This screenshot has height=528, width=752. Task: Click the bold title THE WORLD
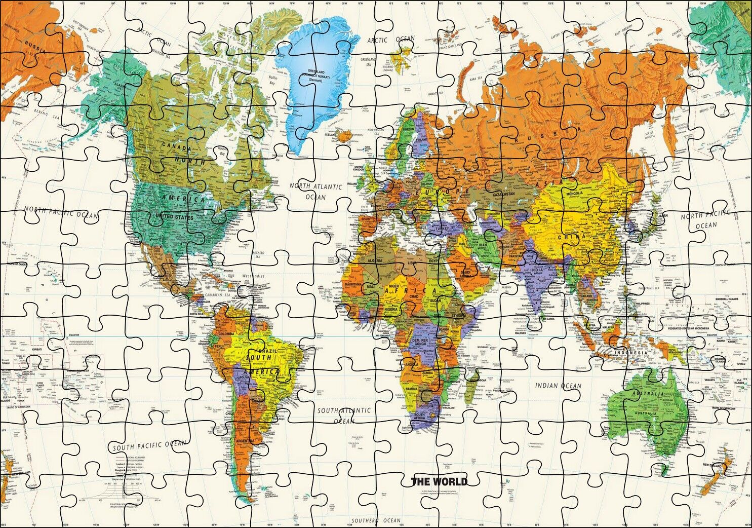point(439,481)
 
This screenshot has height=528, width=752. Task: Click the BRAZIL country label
point(268,351)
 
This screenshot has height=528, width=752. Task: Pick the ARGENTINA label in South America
point(245,442)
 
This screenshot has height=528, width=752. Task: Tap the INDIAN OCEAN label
point(559,386)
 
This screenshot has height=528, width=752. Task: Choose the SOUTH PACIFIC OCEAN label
point(149,445)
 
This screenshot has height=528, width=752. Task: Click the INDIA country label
point(536,270)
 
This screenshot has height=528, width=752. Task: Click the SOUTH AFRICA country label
point(419,416)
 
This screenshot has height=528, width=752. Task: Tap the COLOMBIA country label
point(226,333)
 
